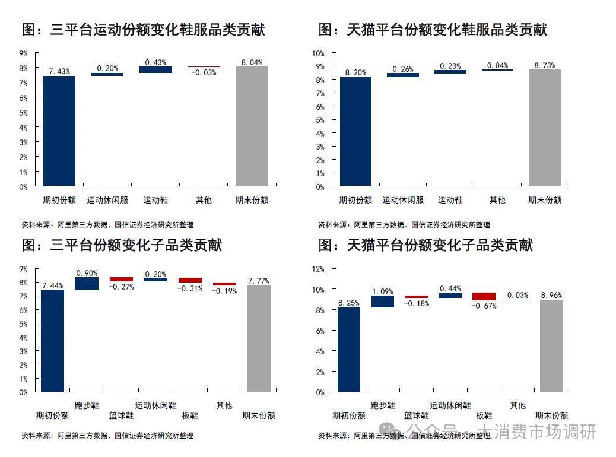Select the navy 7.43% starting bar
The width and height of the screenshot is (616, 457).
tap(59, 131)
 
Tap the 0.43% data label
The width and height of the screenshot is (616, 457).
tap(155, 62)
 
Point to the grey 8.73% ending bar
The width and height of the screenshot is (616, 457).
tap(545, 128)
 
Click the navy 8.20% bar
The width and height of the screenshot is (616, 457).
tap(355, 131)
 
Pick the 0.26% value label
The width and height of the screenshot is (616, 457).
tap(403, 69)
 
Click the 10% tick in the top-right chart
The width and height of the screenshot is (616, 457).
tap(319, 53)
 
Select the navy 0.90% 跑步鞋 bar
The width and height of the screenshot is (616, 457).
tap(87, 284)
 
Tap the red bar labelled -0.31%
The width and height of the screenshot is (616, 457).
tap(190, 280)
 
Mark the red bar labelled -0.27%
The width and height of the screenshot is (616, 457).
tap(121, 279)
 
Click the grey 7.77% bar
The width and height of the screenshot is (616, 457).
tap(259, 338)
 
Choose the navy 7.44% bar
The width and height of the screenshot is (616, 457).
tap(52, 341)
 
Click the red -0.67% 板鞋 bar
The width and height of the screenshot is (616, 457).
tap(484, 296)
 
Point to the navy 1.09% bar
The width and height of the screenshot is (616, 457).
tap(383, 302)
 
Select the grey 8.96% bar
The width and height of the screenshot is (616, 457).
tap(551, 345)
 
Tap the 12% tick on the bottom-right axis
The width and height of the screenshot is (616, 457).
tap(319, 269)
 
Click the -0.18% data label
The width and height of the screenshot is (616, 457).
tap(417, 303)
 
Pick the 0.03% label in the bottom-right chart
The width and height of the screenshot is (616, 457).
tap(517, 295)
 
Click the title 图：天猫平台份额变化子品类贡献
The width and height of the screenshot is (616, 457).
tap(426, 245)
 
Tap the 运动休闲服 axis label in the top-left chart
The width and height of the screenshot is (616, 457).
tap(107, 201)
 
